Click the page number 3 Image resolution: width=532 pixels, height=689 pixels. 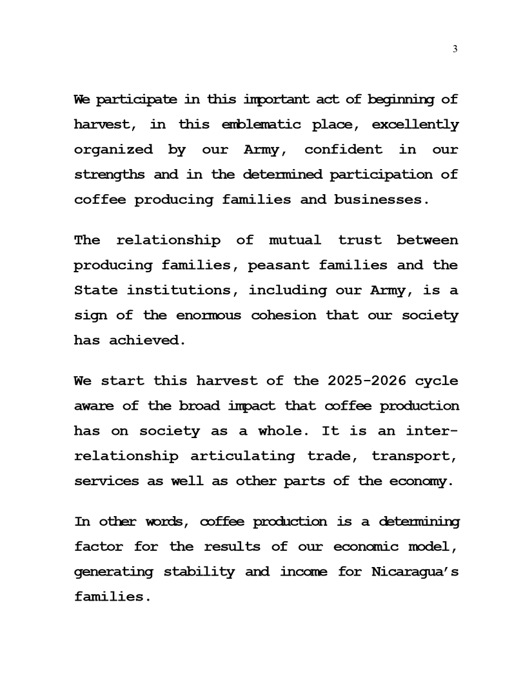pyautogui.click(x=455, y=50)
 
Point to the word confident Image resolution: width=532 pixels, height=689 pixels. pyautogui.click(x=343, y=150)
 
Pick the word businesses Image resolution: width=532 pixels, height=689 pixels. pyautogui.click(x=380, y=199)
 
